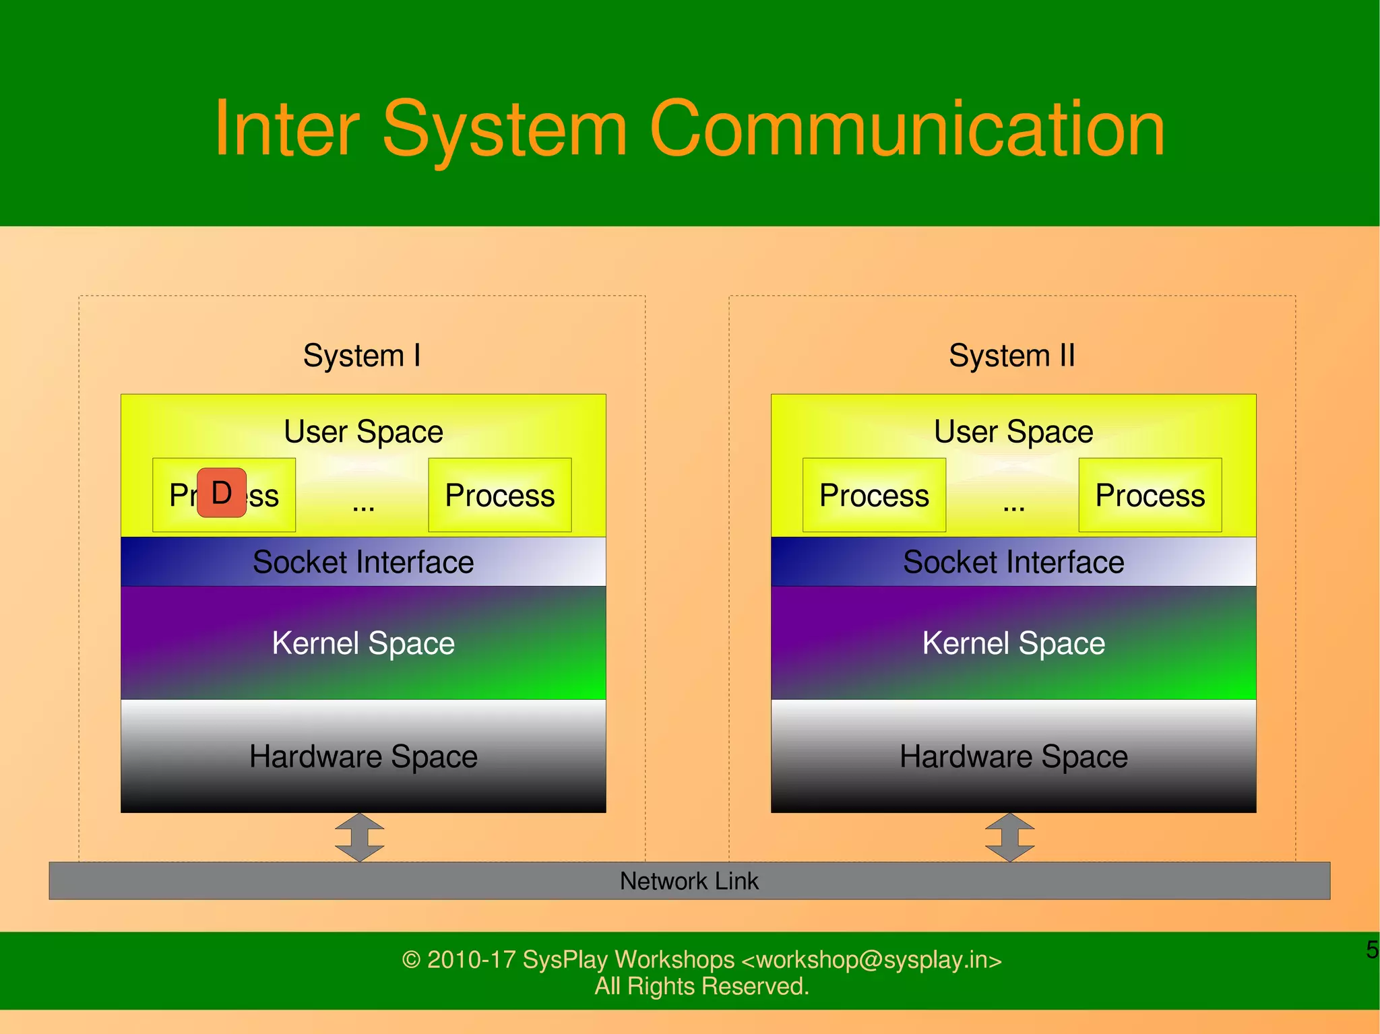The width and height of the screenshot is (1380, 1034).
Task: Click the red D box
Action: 222,493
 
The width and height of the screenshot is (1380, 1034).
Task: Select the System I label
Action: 362,355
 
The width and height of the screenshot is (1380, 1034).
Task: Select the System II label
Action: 1011,355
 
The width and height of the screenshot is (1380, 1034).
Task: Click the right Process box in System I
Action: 499,495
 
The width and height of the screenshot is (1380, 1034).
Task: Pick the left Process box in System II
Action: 874,495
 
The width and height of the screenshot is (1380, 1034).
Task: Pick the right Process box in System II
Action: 1150,495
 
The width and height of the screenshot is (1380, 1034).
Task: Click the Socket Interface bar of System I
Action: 363,562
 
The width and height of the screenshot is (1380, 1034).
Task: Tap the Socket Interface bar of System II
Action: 1013,562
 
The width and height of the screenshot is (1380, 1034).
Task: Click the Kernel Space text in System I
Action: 363,643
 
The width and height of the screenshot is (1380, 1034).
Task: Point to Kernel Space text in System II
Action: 1013,643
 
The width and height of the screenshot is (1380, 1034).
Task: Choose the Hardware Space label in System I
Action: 363,756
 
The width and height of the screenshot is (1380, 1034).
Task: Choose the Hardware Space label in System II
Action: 1013,756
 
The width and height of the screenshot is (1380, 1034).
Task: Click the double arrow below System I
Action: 359,837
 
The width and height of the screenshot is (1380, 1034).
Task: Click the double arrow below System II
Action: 1009,837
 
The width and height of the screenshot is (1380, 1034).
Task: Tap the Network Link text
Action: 689,881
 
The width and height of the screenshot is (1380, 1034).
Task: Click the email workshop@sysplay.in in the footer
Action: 872,959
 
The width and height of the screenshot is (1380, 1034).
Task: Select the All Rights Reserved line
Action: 701,986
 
